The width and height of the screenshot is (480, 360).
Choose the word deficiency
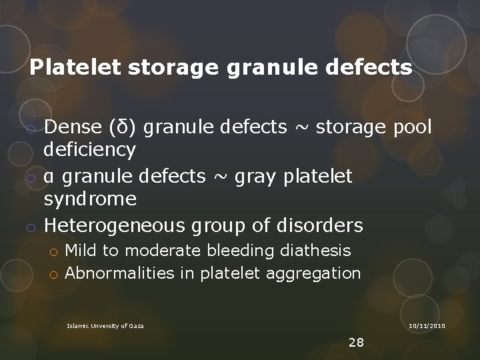[90, 151]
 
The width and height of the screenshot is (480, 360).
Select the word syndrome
[90, 199]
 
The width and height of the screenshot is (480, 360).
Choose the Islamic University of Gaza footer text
[105, 325]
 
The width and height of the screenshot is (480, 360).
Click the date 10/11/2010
[427, 325]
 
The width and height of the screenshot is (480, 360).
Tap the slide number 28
[356, 343]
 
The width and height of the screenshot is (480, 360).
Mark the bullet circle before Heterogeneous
[31, 227]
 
